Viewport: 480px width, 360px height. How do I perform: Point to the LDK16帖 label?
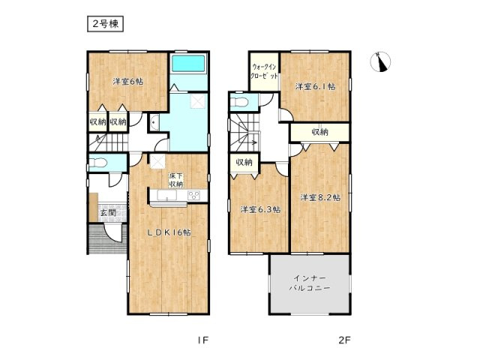pos(167,232)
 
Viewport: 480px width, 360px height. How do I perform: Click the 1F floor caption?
pos(202,340)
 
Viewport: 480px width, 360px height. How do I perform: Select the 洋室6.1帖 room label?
pos(314,87)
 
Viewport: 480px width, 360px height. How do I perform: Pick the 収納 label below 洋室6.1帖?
pos(319,132)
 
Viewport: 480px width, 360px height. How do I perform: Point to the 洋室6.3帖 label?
pos(259,209)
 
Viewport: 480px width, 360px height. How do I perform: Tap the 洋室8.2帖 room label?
pos(320,198)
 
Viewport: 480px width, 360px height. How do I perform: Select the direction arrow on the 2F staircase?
pos(252,140)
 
